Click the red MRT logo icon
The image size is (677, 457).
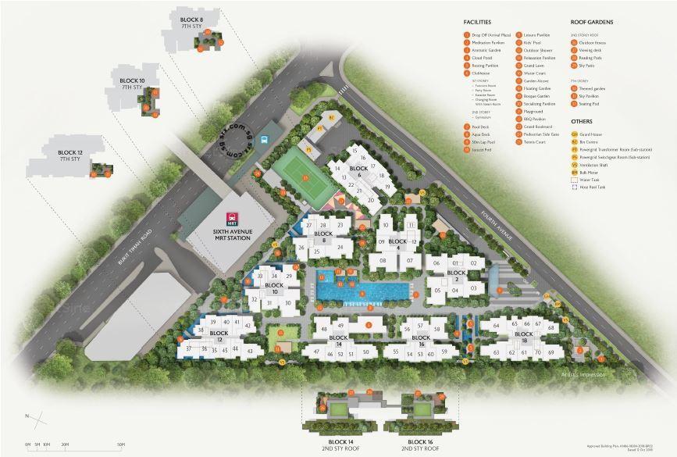232,218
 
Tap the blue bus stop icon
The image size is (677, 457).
265,141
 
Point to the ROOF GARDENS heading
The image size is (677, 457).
592,23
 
